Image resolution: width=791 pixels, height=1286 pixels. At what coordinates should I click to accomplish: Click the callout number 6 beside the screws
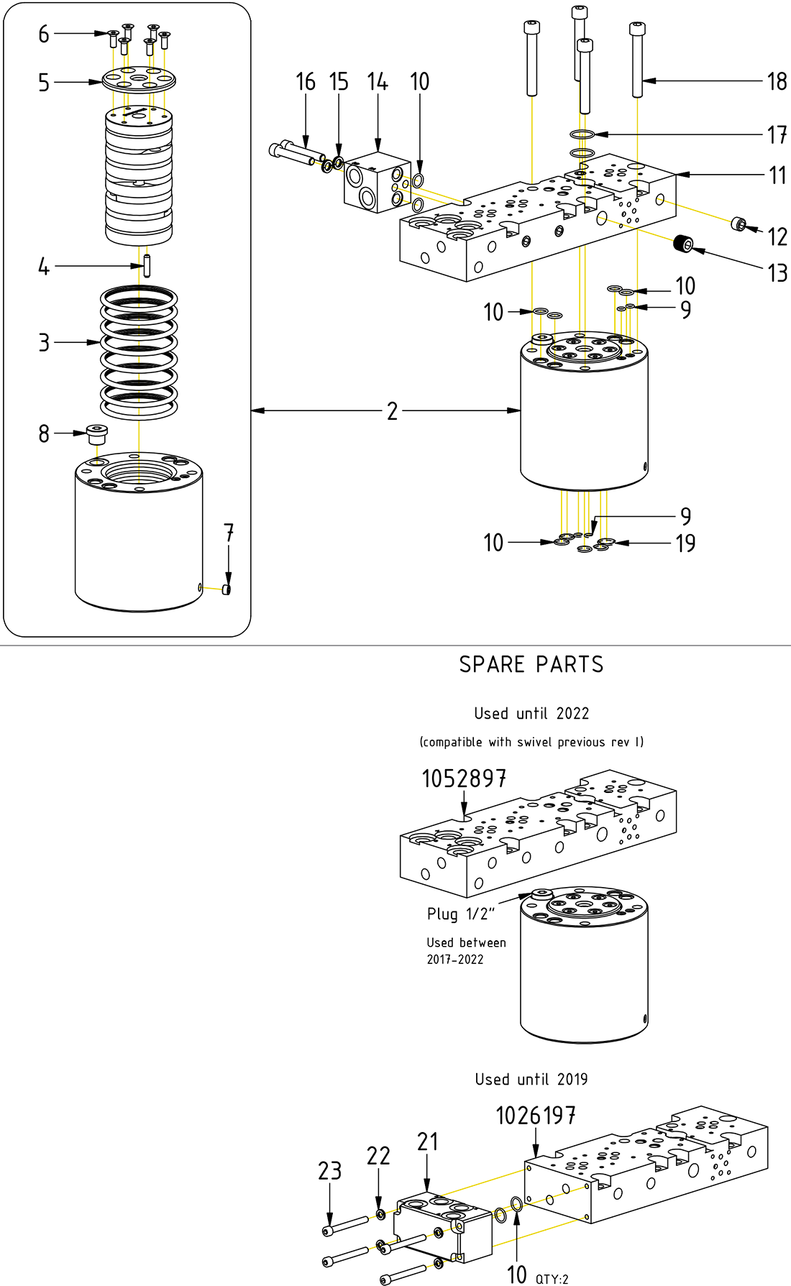(44, 34)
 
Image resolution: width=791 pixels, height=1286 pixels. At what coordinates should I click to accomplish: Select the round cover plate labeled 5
(139, 79)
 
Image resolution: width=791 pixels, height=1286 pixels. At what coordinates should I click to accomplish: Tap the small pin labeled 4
(147, 266)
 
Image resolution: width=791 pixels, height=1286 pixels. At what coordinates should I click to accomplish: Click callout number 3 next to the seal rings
(44, 343)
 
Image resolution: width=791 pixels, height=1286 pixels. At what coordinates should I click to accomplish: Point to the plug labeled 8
(96, 434)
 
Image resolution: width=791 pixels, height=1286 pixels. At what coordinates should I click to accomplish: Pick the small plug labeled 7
(227, 589)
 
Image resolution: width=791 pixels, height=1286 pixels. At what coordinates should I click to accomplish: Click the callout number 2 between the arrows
(392, 411)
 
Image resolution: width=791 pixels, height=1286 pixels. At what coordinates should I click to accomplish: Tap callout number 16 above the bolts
(306, 83)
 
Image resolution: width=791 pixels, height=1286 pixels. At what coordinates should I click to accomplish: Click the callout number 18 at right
(777, 82)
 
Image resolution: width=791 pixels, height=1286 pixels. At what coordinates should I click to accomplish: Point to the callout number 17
(777, 134)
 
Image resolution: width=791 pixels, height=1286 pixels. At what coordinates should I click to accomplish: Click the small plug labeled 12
(738, 224)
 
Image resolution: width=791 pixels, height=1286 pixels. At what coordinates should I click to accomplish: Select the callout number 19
(685, 543)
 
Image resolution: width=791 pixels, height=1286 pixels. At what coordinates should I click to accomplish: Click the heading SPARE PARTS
(531, 664)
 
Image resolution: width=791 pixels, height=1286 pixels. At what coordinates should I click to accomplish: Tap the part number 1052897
(464, 779)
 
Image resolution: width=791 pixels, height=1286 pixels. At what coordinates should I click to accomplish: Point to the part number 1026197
(536, 1116)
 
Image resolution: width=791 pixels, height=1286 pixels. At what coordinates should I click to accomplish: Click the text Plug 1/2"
(461, 914)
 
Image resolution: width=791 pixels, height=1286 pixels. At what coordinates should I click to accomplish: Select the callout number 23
(330, 1171)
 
